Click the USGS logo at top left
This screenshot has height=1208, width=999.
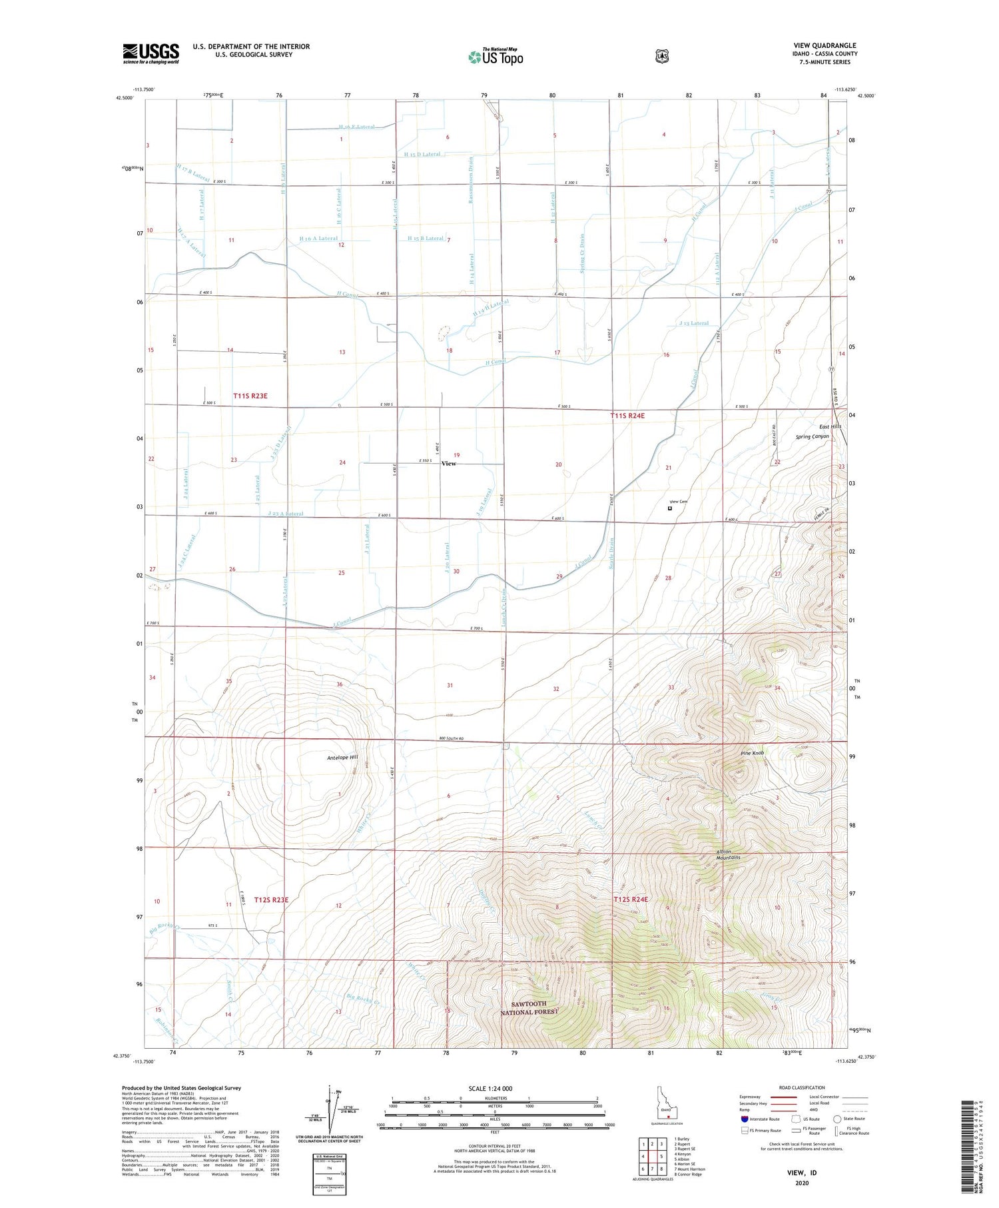[151, 53]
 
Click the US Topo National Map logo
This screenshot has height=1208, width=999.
[496, 56]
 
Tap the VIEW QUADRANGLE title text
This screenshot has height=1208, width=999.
[825, 45]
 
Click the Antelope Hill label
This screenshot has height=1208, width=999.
[342, 758]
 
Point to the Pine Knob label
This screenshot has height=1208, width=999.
[752, 753]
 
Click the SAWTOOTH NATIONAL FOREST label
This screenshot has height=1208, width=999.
[529, 1007]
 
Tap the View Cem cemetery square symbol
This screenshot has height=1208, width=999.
[670, 508]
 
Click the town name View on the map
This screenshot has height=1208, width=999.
[449, 463]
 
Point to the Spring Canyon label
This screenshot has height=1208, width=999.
[812, 436]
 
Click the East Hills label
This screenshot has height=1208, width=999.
[830, 426]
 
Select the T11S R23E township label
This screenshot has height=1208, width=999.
[250, 396]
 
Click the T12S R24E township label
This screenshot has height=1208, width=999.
[630, 900]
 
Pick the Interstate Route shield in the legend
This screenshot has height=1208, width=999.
[745, 1119]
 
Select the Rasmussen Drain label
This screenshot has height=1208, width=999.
[470, 181]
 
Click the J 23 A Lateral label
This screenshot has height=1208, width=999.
[284, 514]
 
